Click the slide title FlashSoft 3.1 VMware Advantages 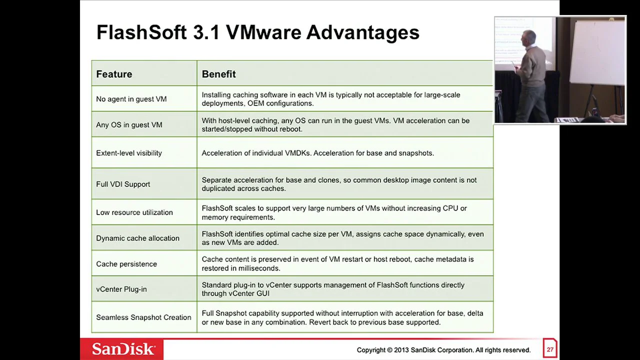click(257, 32)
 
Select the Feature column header click(114, 74)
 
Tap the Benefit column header click(218, 74)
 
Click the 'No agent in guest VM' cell click(131, 99)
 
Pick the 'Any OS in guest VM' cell click(129, 124)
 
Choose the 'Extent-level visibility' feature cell click(129, 153)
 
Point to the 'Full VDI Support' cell click(123, 184)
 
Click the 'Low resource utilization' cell click(134, 212)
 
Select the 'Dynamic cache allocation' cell click(137, 238)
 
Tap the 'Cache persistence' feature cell click(126, 264)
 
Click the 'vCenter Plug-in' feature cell click(121, 289)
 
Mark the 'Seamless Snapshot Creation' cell click(143, 317)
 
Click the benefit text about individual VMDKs click(317, 153)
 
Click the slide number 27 click(550, 349)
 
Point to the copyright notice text click(443, 350)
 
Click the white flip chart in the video click(597, 52)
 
